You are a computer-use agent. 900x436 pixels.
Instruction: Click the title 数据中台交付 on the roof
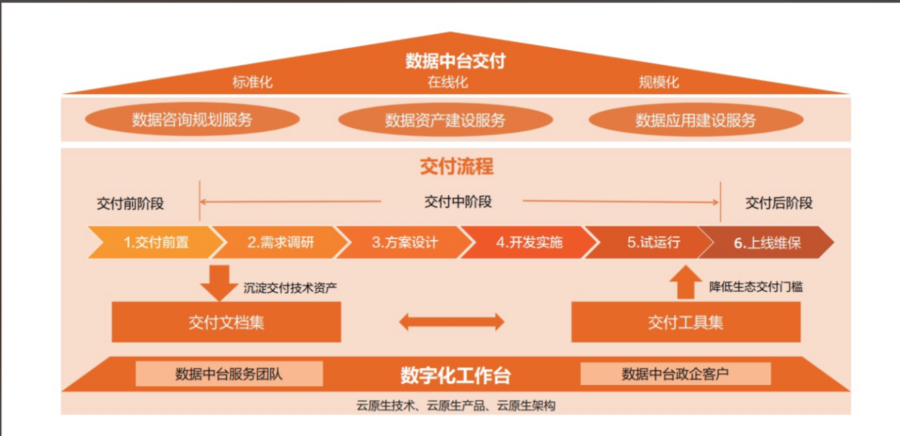pyautogui.click(x=455, y=61)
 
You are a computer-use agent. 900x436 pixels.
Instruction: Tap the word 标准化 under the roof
pyautogui.click(x=253, y=83)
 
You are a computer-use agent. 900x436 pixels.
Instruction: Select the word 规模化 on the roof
pyautogui.click(x=659, y=83)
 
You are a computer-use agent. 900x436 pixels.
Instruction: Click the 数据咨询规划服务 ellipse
pyautogui.click(x=193, y=119)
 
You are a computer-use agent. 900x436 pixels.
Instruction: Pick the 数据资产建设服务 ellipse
pyautogui.click(x=446, y=119)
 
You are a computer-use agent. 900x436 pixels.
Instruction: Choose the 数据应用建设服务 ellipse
pyautogui.click(x=696, y=119)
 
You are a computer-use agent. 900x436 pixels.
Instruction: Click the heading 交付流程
pyautogui.click(x=457, y=166)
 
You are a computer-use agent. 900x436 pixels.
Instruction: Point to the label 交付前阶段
pyautogui.click(x=130, y=203)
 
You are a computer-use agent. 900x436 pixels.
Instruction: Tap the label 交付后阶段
pyautogui.click(x=779, y=203)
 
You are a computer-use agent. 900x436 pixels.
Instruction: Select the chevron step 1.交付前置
pyautogui.click(x=156, y=242)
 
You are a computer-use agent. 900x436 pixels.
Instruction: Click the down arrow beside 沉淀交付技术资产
pyautogui.click(x=219, y=283)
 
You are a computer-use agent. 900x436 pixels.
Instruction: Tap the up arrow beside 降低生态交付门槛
pyautogui.click(x=686, y=282)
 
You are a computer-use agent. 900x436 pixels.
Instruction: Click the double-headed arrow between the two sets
pyautogui.click(x=451, y=322)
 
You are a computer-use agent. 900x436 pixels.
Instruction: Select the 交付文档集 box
pyautogui.click(x=226, y=322)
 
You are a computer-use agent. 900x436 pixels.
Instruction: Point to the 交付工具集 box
pyautogui.click(x=686, y=322)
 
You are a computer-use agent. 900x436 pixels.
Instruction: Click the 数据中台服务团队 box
pyautogui.click(x=229, y=374)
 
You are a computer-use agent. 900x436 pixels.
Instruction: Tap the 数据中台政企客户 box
pyautogui.click(x=675, y=374)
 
